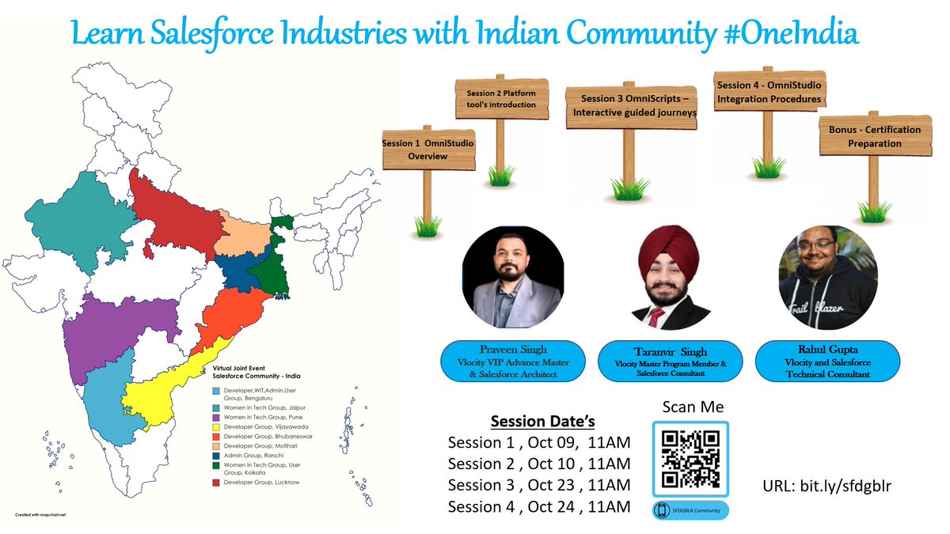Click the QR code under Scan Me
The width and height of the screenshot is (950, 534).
[690, 459]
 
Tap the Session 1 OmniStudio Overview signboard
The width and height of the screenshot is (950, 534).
[428, 150]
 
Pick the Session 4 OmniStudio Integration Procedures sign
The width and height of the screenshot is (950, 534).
[768, 92]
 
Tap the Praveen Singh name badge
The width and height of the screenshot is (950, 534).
[512, 361]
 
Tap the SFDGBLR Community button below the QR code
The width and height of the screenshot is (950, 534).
[690, 510]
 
